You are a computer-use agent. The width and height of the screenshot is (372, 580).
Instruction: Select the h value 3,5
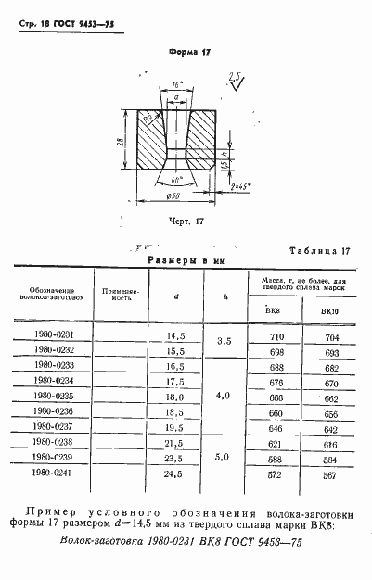224,345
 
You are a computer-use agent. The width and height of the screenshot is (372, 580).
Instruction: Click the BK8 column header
274,310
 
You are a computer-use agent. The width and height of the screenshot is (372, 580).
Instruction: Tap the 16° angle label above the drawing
176,83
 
